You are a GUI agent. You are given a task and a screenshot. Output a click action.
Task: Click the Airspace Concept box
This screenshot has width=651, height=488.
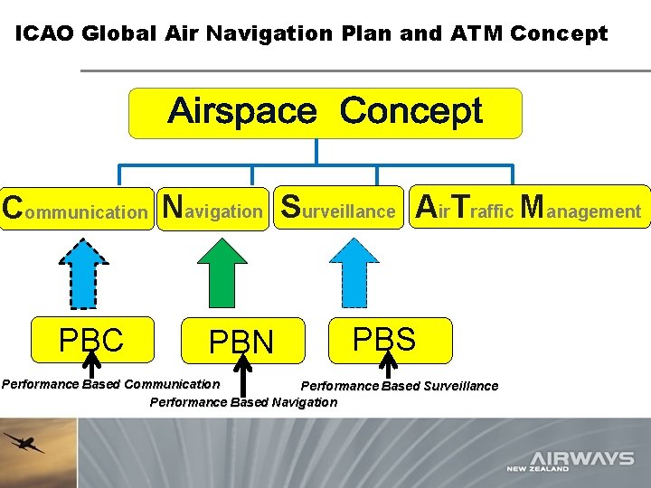(x=325, y=113)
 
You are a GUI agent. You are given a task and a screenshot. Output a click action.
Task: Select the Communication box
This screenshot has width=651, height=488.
(x=76, y=209)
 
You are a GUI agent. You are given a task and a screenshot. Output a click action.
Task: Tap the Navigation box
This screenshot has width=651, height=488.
(x=213, y=209)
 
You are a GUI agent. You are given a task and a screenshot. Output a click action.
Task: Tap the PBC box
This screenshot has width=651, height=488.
(x=90, y=340)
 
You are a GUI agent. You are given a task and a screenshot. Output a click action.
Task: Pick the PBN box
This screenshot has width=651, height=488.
(x=241, y=342)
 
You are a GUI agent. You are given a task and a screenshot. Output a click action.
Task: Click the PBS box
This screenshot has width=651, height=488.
(x=384, y=339)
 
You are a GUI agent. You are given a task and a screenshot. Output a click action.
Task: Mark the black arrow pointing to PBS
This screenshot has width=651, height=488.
(x=387, y=365)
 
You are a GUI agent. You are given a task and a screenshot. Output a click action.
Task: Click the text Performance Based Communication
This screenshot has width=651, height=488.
(x=110, y=384)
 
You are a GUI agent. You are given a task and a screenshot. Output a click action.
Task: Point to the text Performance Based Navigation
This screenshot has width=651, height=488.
(x=242, y=402)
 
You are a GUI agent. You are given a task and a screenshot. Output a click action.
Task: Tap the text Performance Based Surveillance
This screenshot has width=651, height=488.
(x=399, y=386)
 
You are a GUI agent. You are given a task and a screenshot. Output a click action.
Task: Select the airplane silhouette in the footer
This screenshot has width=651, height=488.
(x=23, y=443)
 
